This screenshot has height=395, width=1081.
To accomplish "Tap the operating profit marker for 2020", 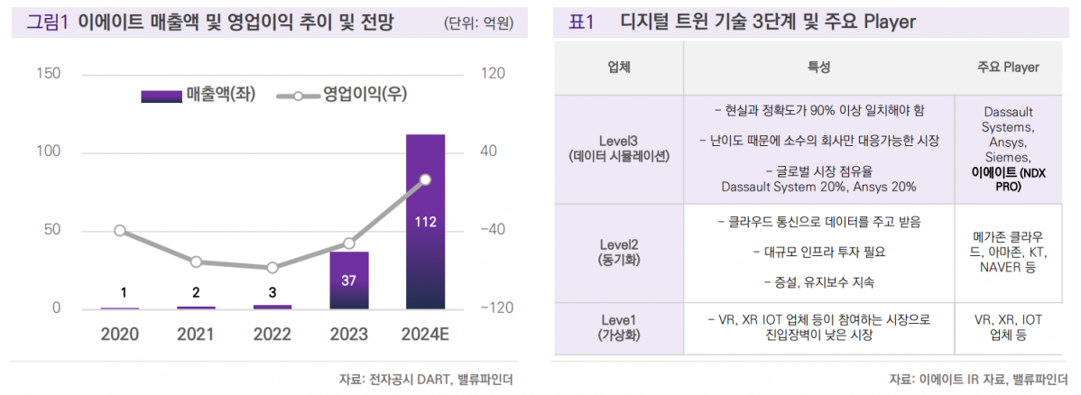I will [x=120, y=231].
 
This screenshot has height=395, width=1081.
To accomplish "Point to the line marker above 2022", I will [x=272, y=268].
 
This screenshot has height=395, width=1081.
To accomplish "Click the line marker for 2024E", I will [x=425, y=179].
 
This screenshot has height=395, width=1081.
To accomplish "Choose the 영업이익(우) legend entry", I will [x=338, y=96].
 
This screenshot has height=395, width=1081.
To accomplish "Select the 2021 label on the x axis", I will [x=196, y=335].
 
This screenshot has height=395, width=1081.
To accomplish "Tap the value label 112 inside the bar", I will [x=425, y=220].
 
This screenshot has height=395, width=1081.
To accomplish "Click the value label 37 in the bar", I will [x=348, y=280].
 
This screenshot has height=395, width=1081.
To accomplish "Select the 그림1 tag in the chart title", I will [x=47, y=22].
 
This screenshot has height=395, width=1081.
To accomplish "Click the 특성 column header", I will [x=819, y=68].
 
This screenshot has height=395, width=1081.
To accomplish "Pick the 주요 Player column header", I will [x=1008, y=68].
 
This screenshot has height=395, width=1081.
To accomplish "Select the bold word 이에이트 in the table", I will [x=993, y=171].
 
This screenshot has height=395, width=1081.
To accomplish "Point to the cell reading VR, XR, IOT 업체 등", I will [x=1008, y=327].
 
